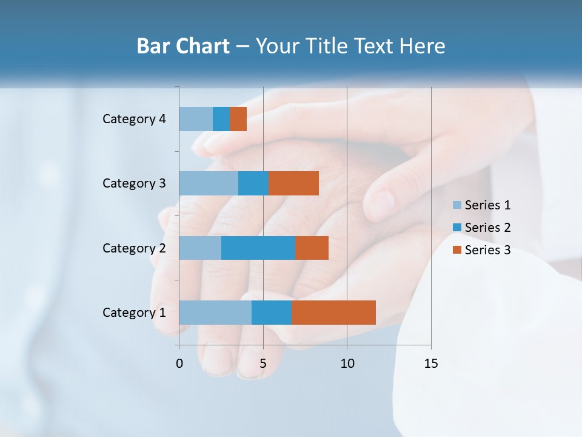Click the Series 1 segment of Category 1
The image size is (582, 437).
point(215,312)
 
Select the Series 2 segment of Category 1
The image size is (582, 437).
point(272,312)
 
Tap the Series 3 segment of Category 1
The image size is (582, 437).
point(333,312)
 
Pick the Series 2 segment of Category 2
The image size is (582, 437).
point(258,248)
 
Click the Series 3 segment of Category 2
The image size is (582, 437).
point(312,248)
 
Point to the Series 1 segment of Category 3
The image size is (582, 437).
point(209,183)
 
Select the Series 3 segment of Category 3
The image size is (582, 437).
point(293,183)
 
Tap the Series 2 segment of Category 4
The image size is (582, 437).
point(221,119)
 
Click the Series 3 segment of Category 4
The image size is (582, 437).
point(238,119)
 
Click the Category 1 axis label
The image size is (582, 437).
point(134,313)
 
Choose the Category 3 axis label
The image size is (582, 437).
point(134,183)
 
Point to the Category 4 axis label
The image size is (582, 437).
point(134,119)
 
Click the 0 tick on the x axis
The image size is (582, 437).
point(179,364)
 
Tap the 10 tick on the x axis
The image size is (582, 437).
point(347,364)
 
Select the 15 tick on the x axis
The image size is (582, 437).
point(431,364)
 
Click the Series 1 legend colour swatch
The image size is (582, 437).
point(457,205)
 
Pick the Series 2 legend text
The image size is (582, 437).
point(487,228)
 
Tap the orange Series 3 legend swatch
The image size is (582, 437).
point(457,249)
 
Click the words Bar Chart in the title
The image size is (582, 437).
point(183,46)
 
